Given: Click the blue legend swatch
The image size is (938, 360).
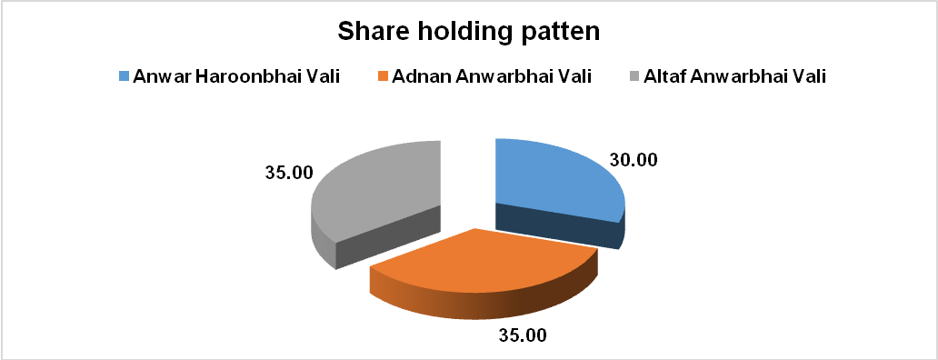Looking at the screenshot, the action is pos(125,76).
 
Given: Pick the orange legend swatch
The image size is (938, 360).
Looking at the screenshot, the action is pos(382,76).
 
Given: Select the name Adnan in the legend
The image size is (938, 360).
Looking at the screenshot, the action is pos(421,76).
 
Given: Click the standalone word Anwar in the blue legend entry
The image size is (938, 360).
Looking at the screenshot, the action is pos(163,76).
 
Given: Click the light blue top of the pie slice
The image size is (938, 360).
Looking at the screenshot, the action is pos(554,178).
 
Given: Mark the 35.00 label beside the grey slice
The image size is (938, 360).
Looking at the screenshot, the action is pos(288,174).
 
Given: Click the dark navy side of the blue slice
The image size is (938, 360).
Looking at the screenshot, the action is pos(560,226).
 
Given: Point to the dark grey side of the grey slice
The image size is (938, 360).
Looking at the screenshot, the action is pos(383,239).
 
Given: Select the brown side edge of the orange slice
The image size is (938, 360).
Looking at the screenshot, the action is pos(479,299).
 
